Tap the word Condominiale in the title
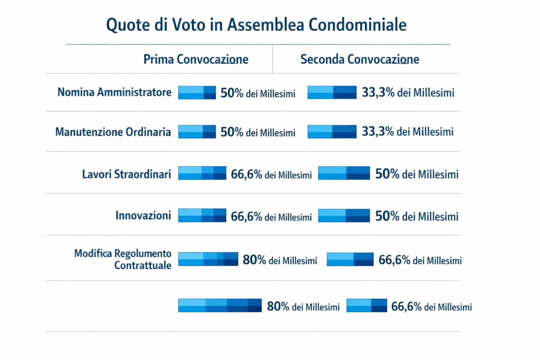(358, 25)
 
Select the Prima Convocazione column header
(195, 59)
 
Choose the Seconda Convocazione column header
(359, 59)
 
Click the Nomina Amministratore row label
(114, 92)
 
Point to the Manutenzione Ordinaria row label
(113, 132)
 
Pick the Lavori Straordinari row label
(126, 174)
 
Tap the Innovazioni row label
(143, 215)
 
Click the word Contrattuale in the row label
(143, 265)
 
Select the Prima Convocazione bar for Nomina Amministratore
(197, 92)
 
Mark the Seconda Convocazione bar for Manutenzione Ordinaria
(332, 132)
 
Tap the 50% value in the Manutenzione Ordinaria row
(232, 132)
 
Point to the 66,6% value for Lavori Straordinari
(246, 174)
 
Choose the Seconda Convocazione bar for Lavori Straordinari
(344, 173)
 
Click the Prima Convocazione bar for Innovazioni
(202, 216)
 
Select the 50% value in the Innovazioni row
(387, 216)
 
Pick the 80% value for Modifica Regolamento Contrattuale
(254, 260)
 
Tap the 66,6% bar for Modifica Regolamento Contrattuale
(350, 259)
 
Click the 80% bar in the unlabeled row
(220, 306)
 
